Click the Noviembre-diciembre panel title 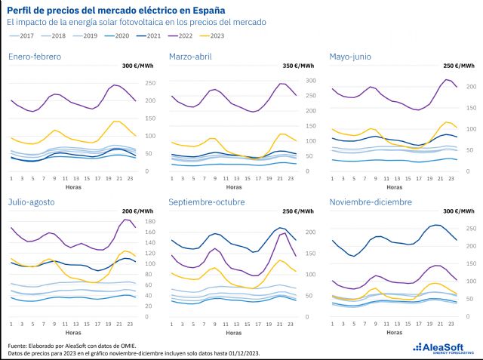point(370,202)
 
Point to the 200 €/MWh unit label point(137,211)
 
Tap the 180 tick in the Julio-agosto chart point(150,221)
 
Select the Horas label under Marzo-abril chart point(234,186)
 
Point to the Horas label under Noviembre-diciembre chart point(395,332)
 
